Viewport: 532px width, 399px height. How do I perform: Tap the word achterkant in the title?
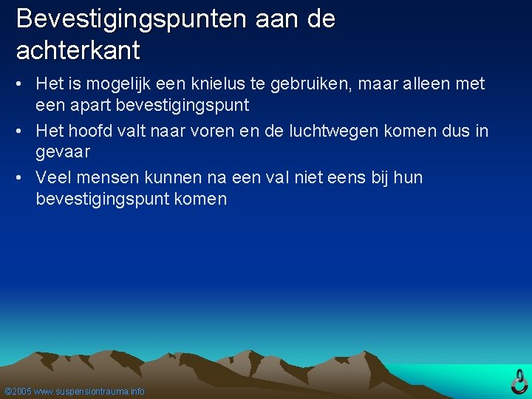(x=78, y=52)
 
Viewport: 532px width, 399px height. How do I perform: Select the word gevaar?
(x=63, y=151)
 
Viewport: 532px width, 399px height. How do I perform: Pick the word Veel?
(x=52, y=178)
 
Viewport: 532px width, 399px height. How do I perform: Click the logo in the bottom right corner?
(x=519, y=381)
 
